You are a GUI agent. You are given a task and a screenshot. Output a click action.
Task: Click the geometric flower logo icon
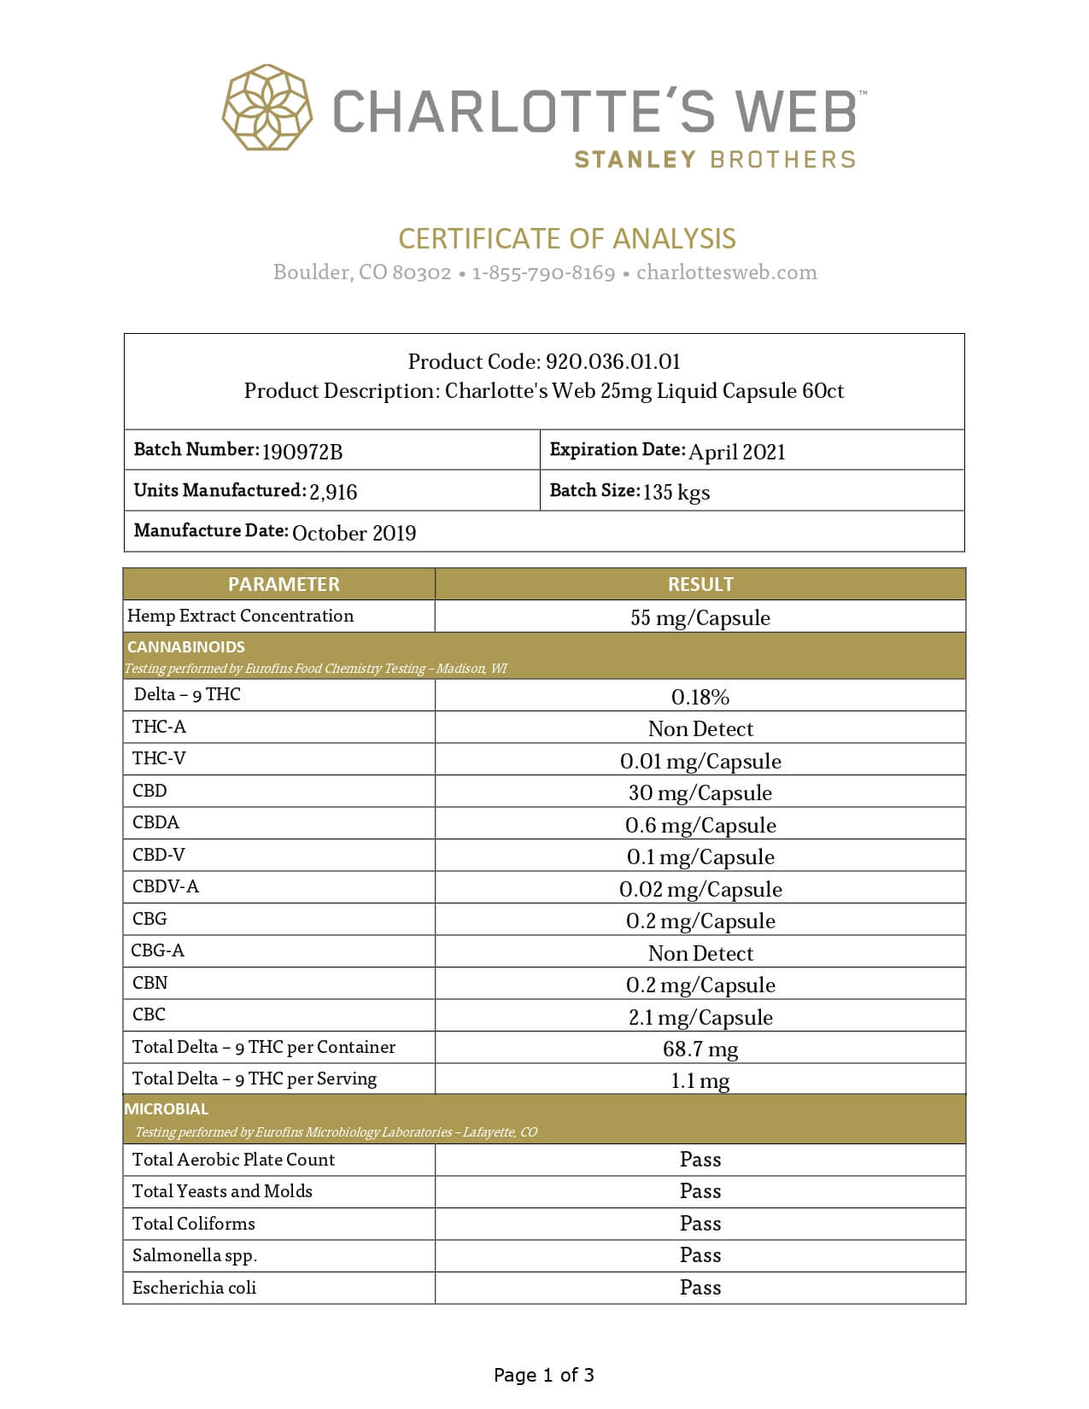(266, 108)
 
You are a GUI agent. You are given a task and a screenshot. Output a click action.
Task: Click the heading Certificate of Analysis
(567, 239)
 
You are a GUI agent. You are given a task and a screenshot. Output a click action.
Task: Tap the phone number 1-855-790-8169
(543, 272)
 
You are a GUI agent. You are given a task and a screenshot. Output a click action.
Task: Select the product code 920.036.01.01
(613, 361)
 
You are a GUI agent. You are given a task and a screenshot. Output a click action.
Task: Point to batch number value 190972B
(302, 452)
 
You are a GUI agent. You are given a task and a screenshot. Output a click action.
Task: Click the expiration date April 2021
(737, 452)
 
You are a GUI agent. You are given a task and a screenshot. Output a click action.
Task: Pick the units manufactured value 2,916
(333, 492)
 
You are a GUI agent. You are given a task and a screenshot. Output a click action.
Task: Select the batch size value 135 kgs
(676, 492)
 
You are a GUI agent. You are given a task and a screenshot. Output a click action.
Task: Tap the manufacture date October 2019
(354, 533)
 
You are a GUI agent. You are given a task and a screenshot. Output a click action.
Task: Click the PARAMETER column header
(284, 584)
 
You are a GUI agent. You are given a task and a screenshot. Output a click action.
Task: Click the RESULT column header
(700, 584)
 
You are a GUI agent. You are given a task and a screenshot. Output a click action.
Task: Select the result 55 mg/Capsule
(700, 617)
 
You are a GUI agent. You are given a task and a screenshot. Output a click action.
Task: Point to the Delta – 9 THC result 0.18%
(700, 697)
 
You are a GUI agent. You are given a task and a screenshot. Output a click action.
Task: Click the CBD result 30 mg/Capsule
(700, 793)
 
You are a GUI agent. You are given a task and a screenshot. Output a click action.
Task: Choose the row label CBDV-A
(166, 886)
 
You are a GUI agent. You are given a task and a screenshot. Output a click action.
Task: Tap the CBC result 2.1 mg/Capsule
(700, 1017)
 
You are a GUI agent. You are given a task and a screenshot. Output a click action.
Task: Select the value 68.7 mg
(700, 1049)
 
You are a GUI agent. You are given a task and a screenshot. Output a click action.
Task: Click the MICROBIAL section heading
(167, 1109)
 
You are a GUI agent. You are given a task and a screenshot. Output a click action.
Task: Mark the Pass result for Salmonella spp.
(700, 1255)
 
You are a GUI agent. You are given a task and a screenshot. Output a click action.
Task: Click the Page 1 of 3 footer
(544, 1375)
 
